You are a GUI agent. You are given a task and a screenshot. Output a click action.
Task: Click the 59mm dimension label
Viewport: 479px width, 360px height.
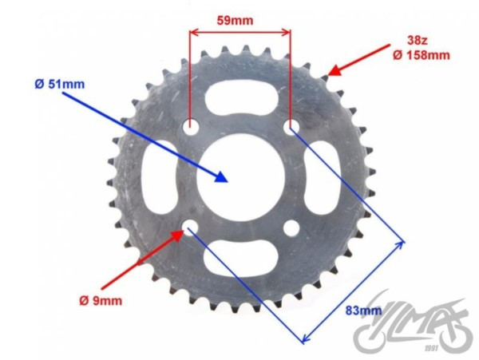(x=235, y=21)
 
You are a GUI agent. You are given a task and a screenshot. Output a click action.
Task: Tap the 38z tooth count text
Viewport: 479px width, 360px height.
(x=418, y=40)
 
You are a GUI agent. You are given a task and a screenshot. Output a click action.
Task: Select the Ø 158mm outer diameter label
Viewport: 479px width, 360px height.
(x=422, y=55)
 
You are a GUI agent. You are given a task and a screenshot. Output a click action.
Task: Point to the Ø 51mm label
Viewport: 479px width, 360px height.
(x=60, y=85)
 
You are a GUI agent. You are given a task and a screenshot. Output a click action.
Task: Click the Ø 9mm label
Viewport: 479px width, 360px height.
(x=101, y=301)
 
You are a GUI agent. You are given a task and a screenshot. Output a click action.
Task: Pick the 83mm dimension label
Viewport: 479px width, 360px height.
(x=363, y=311)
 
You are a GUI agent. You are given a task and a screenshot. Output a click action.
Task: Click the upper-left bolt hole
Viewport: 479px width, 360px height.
(x=191, y=125)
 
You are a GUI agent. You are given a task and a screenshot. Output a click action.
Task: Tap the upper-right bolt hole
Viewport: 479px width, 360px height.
(x=291, y=126)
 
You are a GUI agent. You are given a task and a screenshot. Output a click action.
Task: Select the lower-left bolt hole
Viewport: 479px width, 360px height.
(x=191, y=227)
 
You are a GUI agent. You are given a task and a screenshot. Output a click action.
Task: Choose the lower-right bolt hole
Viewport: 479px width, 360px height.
(x=291, y=227)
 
